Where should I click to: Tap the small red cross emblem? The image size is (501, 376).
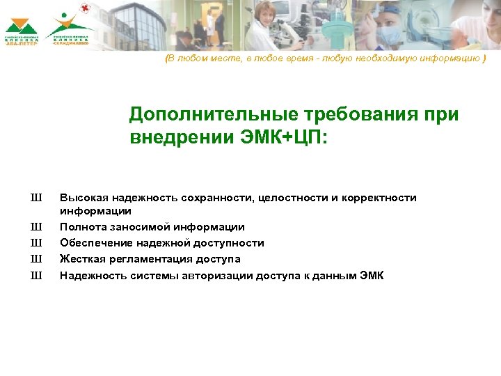point(86,8)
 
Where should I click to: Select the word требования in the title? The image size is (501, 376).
point(365,114)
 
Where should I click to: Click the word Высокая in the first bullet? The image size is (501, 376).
point(81,198)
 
